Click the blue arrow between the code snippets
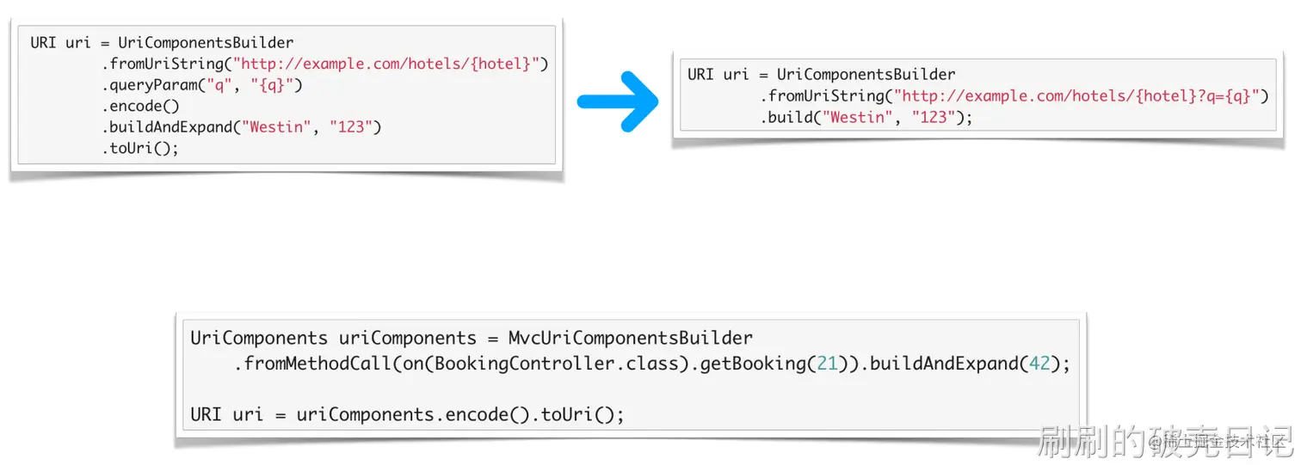[617, 102]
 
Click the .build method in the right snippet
[786, 117]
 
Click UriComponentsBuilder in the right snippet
[866, 74]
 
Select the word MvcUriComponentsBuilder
[630, 338]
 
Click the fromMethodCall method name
[313, 364]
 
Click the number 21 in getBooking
[827, 364]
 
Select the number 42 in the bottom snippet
[1039, 364]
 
